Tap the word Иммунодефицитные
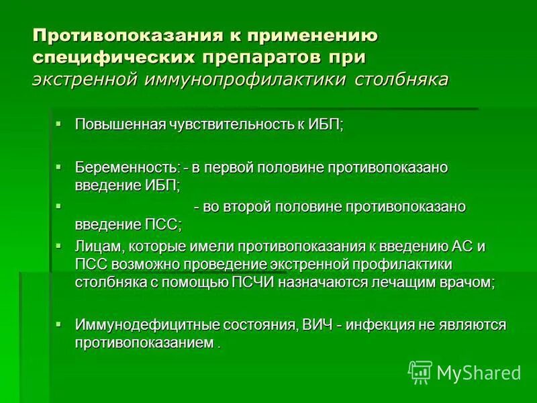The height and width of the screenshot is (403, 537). [x=138, y=325]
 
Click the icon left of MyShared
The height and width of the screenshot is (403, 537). [x=420, y=372]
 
